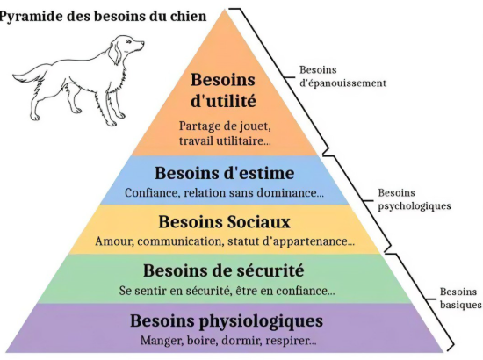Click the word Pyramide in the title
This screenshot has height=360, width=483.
[30, 17]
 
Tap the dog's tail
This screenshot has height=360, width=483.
[29, 75]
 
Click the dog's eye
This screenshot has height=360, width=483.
[129, 42]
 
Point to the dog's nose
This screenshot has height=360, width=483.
[142, 43]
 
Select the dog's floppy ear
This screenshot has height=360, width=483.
[114, 53]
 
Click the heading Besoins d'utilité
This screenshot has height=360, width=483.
[223, 90]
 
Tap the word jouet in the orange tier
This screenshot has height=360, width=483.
[251, 126]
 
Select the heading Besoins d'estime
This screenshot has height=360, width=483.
[224, 173]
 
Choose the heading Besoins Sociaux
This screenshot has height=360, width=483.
[224, 222]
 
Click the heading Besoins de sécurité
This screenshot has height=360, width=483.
[224, 270]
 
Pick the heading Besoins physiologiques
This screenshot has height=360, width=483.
[227, 321]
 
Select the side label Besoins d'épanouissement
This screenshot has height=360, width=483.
[342, 76]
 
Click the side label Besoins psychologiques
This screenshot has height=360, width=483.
[415, 199]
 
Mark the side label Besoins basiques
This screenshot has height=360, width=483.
[460, 298]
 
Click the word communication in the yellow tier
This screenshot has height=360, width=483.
[180, 241]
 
